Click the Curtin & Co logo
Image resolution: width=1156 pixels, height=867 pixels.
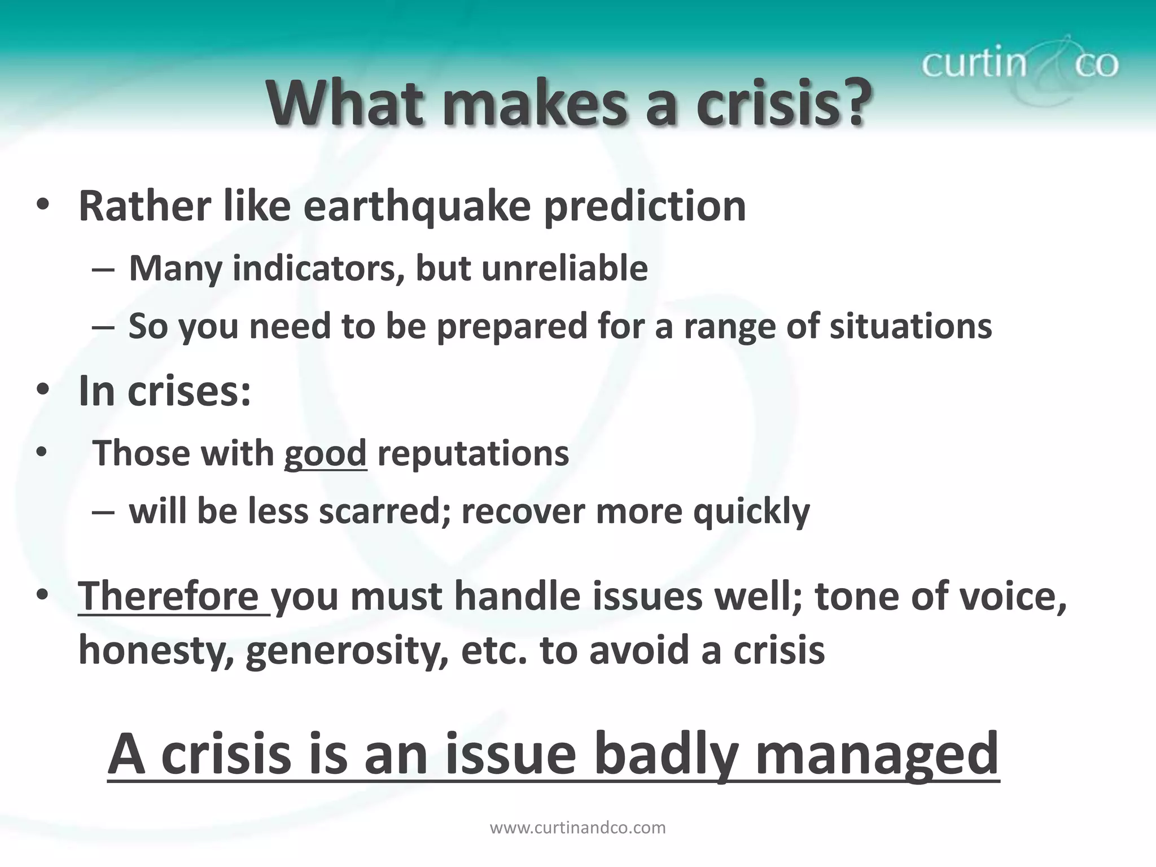coord(1019,63)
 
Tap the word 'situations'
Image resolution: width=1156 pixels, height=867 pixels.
coord(910,326)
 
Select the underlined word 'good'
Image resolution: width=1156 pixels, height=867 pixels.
coord(325,454)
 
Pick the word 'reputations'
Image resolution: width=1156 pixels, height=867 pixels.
coord(473,454)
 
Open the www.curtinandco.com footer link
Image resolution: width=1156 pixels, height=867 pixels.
coord(577,828)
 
